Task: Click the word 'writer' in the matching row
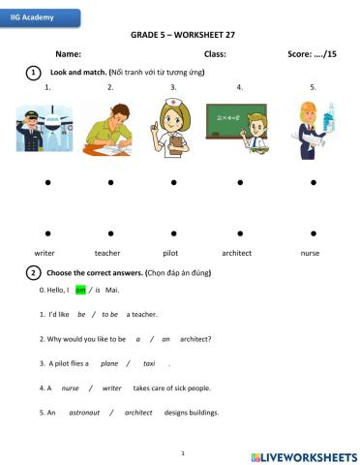tap(45, 253)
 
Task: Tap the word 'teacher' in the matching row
tap(107, 253)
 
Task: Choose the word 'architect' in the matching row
tap(236, 253)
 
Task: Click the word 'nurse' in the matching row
tap(310, 253)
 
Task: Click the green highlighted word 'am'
tap(81, 290)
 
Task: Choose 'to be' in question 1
tap(109, 314)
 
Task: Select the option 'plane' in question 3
tap(109, 363)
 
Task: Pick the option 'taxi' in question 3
tap(149, 363)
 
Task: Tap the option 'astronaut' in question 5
tap(84, 412)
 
